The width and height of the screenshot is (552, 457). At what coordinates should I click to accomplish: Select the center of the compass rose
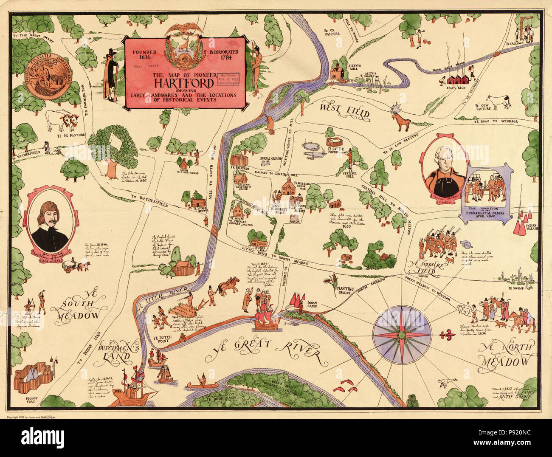click(x=402, y=334)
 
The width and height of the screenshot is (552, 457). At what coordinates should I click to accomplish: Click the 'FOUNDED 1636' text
click(x=144, y=55)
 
